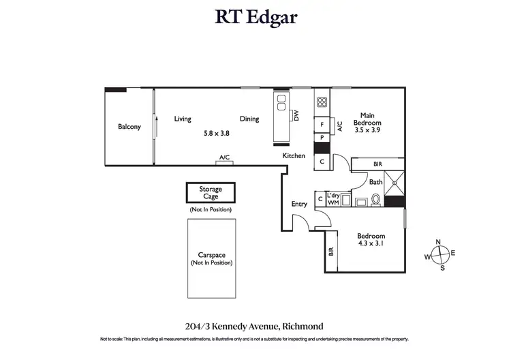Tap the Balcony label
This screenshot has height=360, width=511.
129,127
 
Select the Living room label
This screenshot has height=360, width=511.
182,119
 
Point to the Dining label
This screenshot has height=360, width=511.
249,119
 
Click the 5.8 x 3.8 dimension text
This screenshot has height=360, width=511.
216,134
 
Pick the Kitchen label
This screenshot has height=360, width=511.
294,156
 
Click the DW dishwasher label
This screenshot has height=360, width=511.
296,116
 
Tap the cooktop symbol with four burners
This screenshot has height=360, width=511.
322,104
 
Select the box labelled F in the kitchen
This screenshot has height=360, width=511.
322,125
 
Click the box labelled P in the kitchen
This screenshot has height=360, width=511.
322,138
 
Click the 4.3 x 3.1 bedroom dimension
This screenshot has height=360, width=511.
371,244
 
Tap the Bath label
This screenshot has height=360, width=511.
375,182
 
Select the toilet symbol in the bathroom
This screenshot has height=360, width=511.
375,200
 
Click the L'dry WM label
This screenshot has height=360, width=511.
334,198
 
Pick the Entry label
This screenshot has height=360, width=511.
299,204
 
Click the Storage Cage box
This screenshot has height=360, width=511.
210,193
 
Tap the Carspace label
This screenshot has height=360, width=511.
211,256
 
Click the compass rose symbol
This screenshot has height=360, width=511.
442,254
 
